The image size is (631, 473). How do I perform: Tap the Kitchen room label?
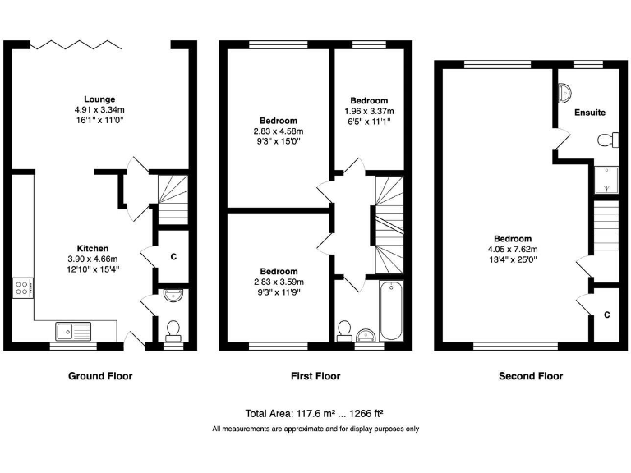tap(93, 248)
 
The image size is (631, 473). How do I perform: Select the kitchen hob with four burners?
tap(22, 288)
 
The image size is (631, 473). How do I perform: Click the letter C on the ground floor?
tap(173, 257)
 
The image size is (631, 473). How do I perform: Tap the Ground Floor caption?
tap(99, 376)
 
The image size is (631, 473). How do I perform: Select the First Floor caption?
tap(315, 376)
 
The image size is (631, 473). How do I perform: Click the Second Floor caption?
tap(531, 376)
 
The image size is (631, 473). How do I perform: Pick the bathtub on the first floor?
tap(391, 310)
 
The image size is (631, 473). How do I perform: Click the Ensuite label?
tap(590, 112)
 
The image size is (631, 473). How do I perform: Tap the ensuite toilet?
tap(607, 140)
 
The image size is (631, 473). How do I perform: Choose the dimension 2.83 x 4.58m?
tap(279, 131)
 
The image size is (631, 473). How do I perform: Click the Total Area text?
tap(315, 413)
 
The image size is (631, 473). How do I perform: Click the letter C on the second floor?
tap(606, 315)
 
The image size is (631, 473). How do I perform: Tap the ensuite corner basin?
tap(565, 93)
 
